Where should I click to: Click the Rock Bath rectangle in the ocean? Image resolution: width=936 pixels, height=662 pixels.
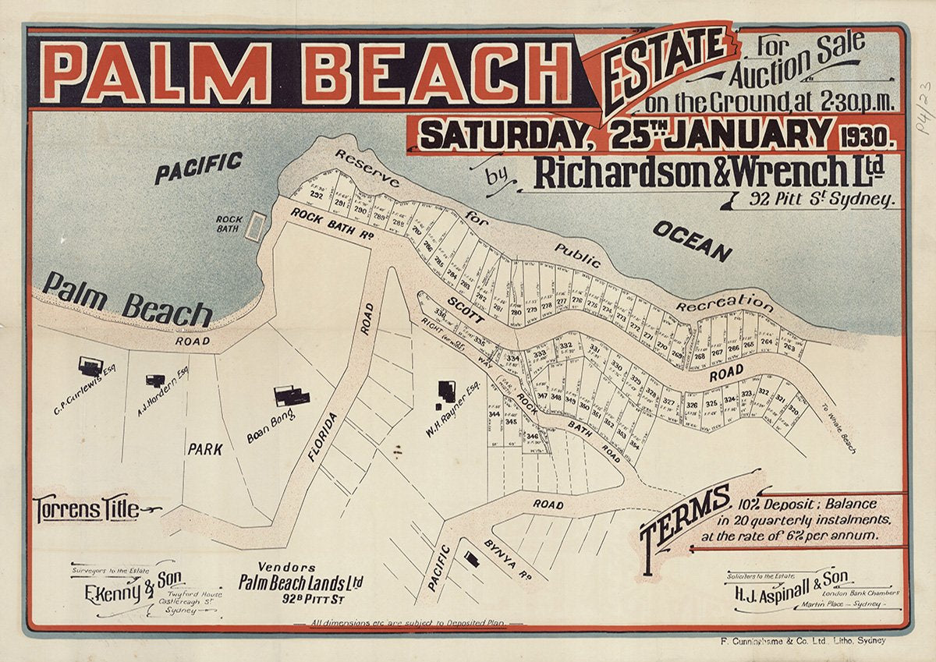tap(255, 226)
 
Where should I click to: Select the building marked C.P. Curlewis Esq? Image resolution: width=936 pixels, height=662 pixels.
tap(90, 366)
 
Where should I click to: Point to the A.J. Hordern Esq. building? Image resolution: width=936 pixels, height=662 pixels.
tap(155, 381)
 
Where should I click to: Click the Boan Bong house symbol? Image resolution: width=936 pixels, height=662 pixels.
tap(291, 396)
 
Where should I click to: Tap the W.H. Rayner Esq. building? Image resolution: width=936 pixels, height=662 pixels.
tap(447, 391)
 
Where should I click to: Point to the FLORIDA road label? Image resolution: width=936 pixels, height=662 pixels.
tap(324, 437)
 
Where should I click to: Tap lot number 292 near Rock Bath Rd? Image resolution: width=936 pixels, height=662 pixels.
tap(316, 195)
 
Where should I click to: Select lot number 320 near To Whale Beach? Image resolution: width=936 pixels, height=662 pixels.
tap(793, 409)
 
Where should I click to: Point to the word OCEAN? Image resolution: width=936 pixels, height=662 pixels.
tap(692, 241)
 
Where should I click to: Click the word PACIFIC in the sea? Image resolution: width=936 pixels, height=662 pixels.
tap(198, 168)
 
